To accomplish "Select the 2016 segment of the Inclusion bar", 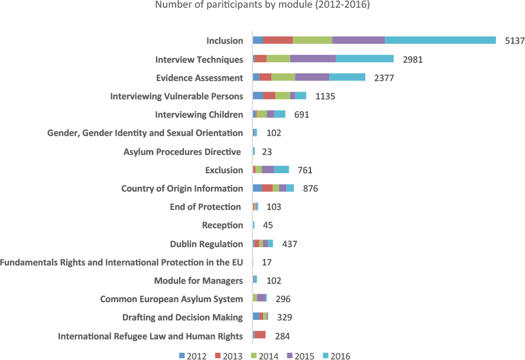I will coord(440,40).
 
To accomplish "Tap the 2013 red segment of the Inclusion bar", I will coord(278,40).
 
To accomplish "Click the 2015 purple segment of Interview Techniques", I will coord(313,59).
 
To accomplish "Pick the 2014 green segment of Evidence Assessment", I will coord(283,77).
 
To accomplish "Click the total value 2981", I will coord(413,60).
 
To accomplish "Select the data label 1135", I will coord(325,96).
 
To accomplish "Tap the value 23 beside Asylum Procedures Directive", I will coord(267,152).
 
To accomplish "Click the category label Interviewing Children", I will coord(199,115).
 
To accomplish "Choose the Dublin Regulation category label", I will coord(206,244).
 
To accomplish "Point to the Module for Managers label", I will coord(198,281).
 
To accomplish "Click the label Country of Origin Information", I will coord(182,189).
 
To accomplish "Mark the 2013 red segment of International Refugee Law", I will coord(260,336).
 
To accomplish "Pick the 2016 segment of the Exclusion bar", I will coord(281,170).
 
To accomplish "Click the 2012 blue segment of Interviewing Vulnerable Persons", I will coord(258,96).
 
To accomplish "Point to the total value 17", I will coord(267,262).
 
